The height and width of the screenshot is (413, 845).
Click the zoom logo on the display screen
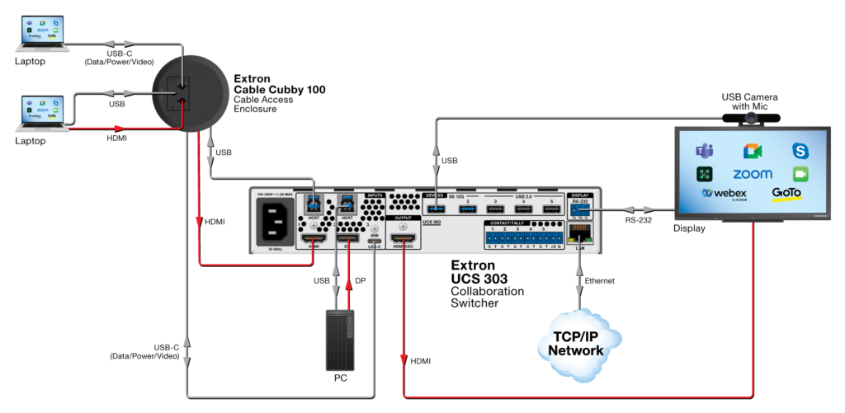(752, 174)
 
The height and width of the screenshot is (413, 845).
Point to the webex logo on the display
(724, 194)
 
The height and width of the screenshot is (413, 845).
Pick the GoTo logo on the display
(787, 195)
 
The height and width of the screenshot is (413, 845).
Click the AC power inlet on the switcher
(279, 220)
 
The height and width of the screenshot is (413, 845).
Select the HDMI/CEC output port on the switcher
(404, 237)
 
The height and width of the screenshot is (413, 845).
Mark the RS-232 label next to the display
(637, 220)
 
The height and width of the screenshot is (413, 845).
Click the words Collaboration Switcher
(487, 297)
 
